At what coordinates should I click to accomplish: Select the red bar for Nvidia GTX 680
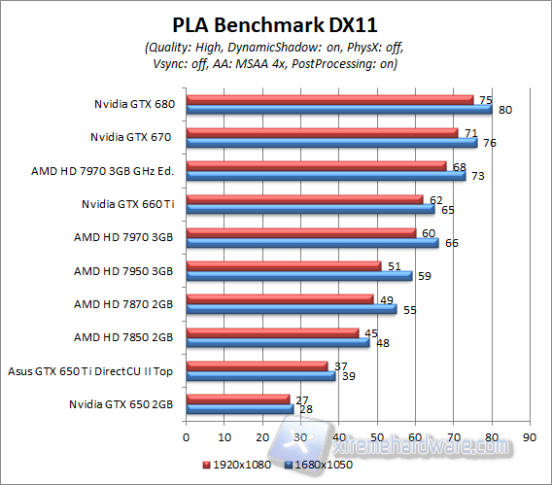click(x=328, y=99)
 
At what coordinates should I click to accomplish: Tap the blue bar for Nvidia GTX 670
click(x=330, y=143)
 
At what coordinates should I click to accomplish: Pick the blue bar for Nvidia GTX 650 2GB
click(x=239, y=409)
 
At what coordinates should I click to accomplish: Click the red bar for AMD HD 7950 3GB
click(x=283, y=265)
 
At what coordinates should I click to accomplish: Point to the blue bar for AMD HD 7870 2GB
click(x=291, y=309)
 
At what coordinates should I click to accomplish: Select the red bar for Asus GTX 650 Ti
click(x=257, y=365)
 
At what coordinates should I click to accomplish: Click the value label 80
click(x=504, y=110)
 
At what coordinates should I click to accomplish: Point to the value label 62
click(x=436, y=198)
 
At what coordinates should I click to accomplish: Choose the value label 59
click(x=426, y=276)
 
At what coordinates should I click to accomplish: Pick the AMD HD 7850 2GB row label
click(x=123, y=337)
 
